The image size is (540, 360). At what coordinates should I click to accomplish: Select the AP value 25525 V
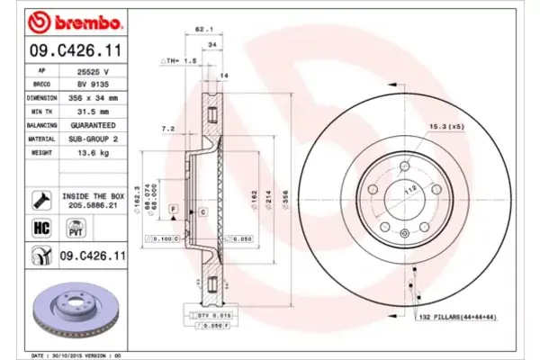[x=94, y=69]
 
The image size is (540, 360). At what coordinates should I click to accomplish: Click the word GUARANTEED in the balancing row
[x=94, y=127]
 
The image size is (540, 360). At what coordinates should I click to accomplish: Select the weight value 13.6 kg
[x=94, y=153]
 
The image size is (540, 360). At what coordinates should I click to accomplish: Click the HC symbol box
[x=40, y=229]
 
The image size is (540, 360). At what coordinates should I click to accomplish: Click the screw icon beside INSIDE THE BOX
[x=40, y=199]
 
